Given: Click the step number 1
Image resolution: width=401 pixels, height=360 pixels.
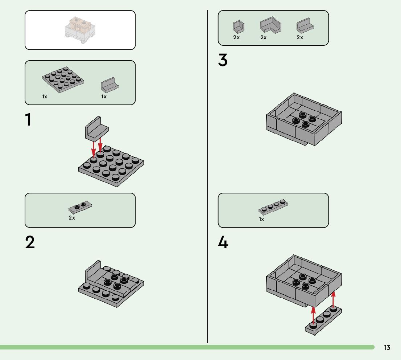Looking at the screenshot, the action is coord(29,119).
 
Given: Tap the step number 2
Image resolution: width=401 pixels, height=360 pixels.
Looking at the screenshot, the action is coord(30,242).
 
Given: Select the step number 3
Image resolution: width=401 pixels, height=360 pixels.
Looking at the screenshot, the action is coord(223,60).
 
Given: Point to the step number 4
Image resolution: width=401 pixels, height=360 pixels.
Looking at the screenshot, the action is coord(223,242).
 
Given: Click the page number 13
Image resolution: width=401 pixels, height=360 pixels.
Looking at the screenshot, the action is coord(387,347).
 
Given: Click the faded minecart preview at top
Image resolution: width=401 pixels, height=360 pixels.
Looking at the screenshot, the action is coord(80,30).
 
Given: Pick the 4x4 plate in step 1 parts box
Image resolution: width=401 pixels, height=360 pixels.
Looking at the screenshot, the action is coord(63,79).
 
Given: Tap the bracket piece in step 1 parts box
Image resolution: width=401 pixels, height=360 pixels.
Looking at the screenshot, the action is coord(110,85).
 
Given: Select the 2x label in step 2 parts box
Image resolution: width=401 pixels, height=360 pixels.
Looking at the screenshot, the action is coord(72,218).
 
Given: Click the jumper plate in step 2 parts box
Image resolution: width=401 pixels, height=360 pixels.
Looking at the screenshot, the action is coord(80,207).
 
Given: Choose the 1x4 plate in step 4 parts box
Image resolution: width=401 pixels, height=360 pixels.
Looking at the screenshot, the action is coord(273,207).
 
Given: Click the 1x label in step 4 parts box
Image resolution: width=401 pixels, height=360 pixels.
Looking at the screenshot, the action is coord(261,220).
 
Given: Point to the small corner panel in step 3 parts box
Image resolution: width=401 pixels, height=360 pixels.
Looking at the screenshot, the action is coord(239,27).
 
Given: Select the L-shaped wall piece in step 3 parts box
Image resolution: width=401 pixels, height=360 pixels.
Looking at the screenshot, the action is coord(270,25).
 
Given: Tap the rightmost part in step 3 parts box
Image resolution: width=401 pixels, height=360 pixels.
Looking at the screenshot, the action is coord(305,26).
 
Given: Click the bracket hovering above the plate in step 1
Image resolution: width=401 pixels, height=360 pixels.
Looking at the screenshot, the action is coord(97,129).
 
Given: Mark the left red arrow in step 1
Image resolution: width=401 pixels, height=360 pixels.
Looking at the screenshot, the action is coord(94,150).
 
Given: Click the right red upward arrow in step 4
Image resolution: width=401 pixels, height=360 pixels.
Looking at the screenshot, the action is coord(333,299).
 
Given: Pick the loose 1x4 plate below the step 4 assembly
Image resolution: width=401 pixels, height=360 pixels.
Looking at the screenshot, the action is coord(323,320).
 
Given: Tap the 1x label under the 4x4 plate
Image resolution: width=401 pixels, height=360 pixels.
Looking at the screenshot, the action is coord(45,97).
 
